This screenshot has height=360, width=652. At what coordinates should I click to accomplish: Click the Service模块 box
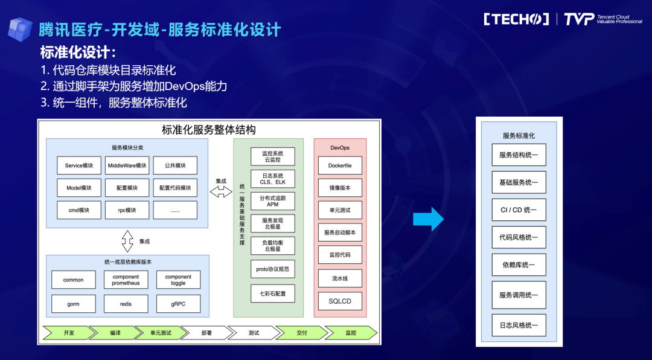[79, 166]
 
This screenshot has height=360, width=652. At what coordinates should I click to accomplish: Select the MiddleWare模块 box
[127, 166]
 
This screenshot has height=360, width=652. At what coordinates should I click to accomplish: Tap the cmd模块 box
[79, 210]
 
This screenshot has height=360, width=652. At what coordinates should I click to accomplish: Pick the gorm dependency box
[74, 304]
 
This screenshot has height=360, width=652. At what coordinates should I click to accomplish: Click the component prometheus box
[126, 280]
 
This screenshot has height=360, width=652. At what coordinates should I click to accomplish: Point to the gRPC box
[178, 304]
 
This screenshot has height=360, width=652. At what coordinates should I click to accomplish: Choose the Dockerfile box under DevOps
[340, 166]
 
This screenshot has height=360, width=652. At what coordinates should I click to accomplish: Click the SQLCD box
[340, 301]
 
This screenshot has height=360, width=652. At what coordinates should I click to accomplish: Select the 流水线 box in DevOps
[340, 278]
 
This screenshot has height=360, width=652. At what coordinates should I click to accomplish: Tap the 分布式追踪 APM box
[273, 201]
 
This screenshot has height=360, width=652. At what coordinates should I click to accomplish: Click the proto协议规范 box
[273, 269]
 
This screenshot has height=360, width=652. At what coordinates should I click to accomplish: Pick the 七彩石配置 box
[273, 294]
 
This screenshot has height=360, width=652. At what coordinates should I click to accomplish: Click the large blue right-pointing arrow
[428, 219]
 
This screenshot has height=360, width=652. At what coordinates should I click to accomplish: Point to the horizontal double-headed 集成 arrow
[221, 192]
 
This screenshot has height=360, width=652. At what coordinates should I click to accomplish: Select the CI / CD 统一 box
[519, 210]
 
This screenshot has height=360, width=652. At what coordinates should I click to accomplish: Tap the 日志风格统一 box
[519, 325]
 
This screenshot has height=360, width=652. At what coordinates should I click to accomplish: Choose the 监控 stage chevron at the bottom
[351, 333]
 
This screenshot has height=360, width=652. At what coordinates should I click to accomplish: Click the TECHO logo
[516, 19]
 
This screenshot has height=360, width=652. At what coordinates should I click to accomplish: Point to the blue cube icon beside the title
[20, 29]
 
